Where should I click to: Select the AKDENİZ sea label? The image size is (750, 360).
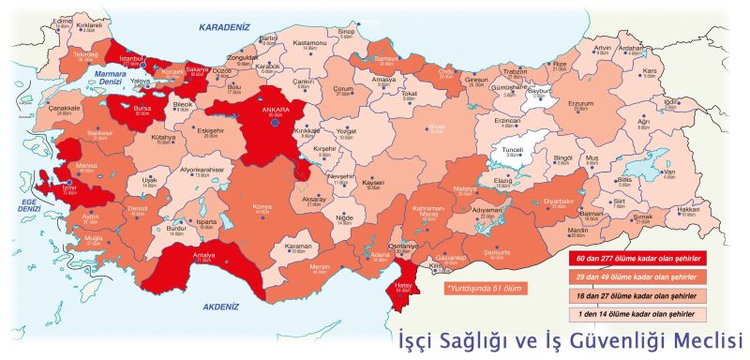pyautogui.click(x=222, y=306)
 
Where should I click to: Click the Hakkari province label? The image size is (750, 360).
pyautogui.click(x=688, y=208)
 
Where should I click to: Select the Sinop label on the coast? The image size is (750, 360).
pyautogui.click(x=346, y=31)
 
